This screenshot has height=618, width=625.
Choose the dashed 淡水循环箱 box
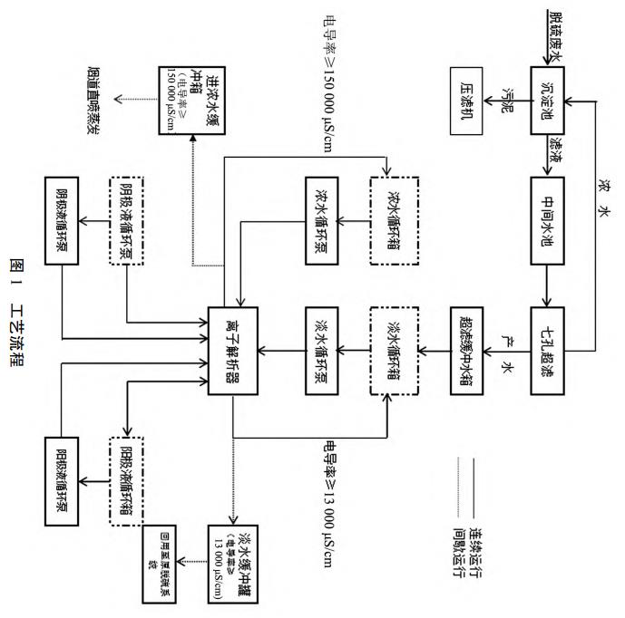click(x=392, y=333)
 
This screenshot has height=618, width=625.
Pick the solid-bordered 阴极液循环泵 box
click(x=64, y=217)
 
